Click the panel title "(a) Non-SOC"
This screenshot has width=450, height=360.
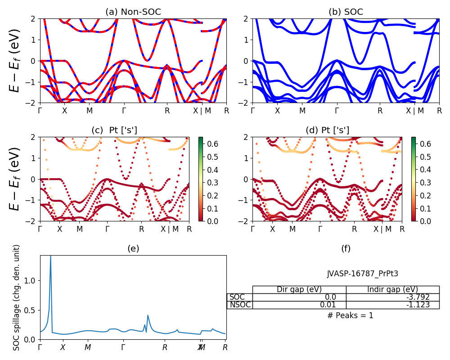133,12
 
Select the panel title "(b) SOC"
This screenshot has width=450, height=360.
346,12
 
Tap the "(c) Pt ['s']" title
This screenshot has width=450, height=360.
114,130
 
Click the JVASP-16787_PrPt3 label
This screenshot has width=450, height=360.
362,274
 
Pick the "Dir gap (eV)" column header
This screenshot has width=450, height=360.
299,289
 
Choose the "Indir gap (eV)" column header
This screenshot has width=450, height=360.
392,289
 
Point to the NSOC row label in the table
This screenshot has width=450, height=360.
240,305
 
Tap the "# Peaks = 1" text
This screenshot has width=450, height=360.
350,315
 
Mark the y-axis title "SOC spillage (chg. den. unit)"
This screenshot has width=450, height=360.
17,297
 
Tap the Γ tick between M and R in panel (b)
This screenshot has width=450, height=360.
337,111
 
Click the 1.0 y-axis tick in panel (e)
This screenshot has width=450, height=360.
31,281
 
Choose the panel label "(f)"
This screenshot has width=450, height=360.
346,248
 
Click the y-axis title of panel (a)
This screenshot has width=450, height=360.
16,61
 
